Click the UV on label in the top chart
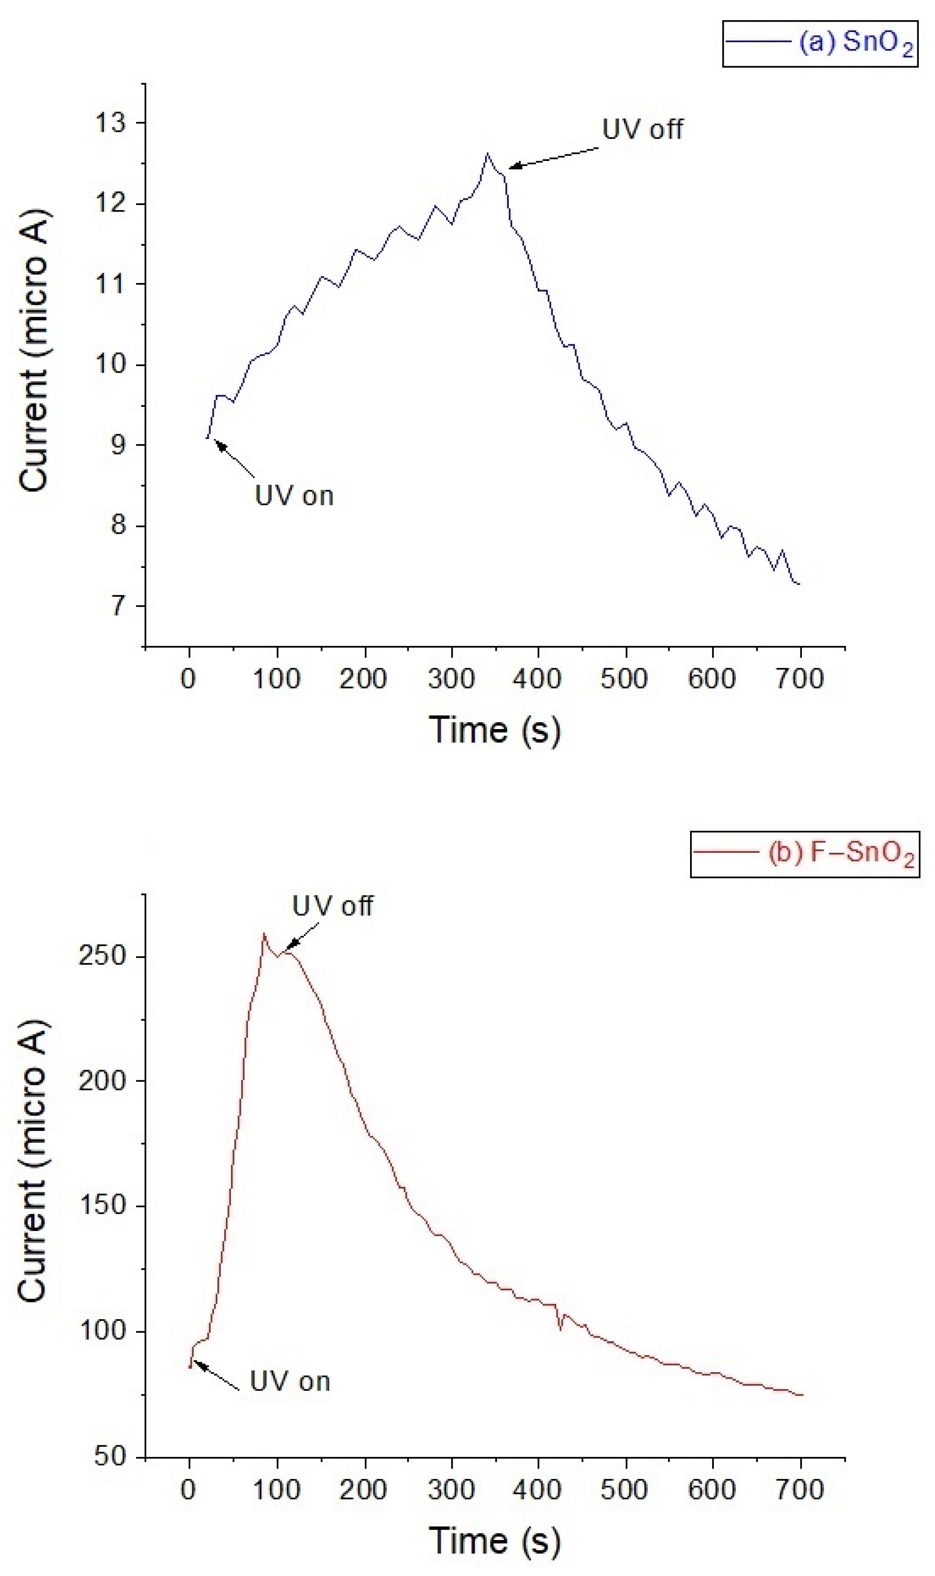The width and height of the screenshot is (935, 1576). click(x=294, y=496)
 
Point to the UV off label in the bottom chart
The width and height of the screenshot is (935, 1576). click(x=332, y=906)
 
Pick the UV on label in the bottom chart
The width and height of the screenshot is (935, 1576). click(x=290, y=1381)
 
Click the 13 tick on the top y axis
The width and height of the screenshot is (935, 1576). click(x=110, y=123)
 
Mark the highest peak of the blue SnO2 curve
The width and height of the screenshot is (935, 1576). click(x=486, y=153)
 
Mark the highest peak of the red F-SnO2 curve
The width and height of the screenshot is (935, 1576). click(x=264, y=934)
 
